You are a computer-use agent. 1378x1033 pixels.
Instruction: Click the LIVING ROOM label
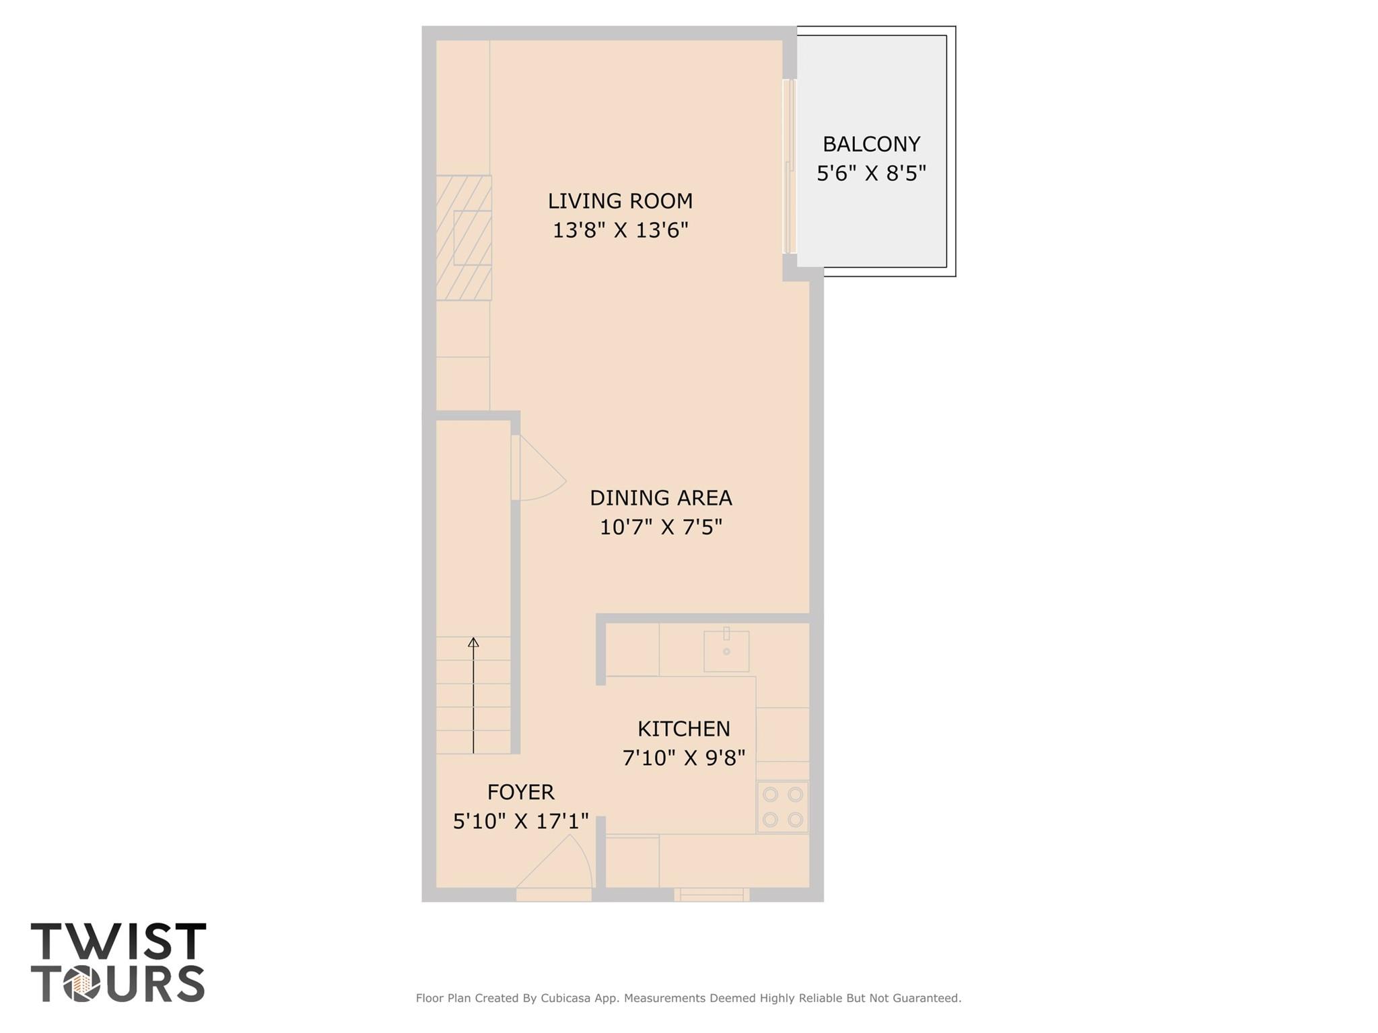click(619, 201)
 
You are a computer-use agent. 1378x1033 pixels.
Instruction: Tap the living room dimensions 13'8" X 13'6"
click(620, 231)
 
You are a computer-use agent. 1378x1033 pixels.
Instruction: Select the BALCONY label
click(871, 144)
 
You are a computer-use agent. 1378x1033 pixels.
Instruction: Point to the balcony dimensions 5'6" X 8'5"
click(871, 174)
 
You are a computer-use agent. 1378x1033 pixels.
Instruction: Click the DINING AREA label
click(660, 498)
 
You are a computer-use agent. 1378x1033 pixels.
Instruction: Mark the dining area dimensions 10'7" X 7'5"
click(660, 527)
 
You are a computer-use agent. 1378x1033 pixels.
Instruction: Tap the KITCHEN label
click(683, 729)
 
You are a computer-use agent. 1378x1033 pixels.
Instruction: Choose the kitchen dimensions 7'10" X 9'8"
click(683, 758)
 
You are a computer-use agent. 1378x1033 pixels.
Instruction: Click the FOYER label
click(520, 792)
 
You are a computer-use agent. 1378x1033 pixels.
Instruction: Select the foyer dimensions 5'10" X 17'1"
click(520, 822)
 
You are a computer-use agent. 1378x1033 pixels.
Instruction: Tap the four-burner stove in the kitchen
click(782, 807)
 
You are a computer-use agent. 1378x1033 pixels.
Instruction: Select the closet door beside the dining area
click(535, 468)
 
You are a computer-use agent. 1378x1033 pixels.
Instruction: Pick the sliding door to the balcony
click(790, 166)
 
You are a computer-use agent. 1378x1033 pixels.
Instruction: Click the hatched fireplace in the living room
click(463, 238)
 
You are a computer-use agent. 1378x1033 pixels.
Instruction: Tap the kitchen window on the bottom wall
click(712, 894)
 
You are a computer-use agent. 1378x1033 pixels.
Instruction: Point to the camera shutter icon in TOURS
click(82, 985)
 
